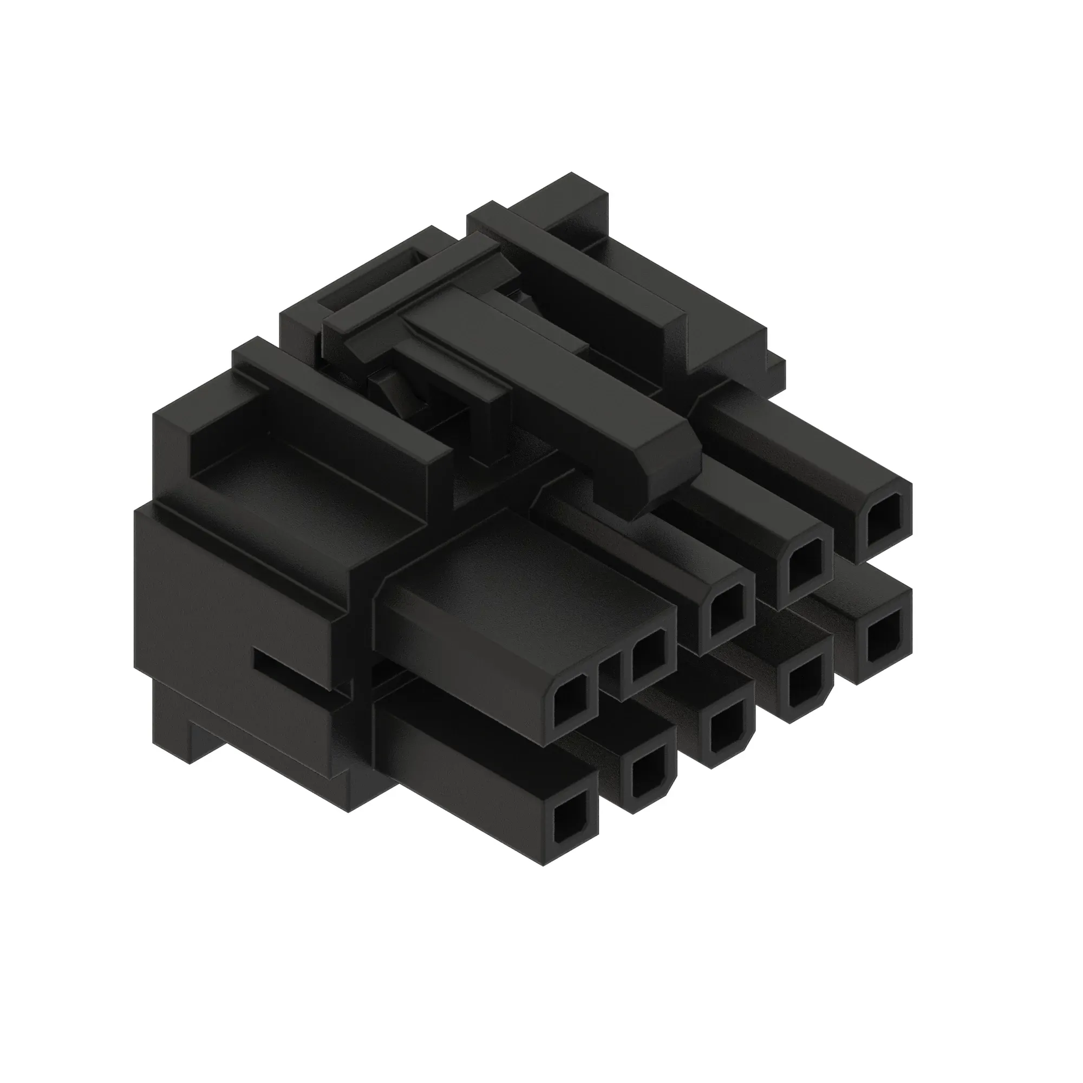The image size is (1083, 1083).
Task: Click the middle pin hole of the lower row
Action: tap(727, 734)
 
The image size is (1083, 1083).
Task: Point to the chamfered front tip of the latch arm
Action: tap(667, 477)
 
